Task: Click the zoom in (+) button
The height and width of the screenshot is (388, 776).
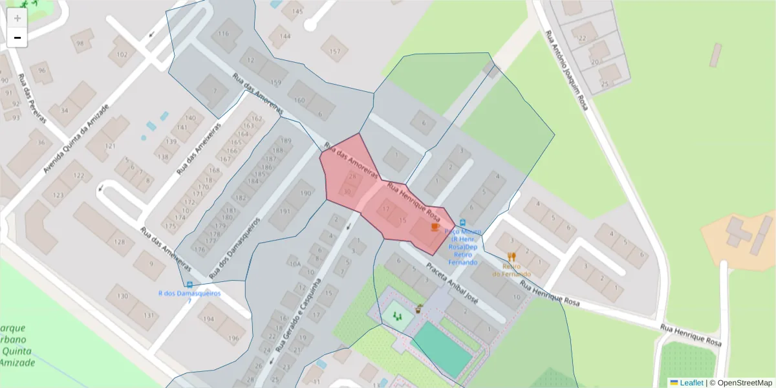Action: tap(17, 18)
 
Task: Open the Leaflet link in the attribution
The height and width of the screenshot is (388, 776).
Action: tap(691, 383)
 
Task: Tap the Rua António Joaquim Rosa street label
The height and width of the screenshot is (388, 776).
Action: tap(566, 70)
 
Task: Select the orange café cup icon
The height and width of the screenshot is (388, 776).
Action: tap(435, 227)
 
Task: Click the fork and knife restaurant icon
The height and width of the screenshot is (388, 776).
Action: tap(512, 257)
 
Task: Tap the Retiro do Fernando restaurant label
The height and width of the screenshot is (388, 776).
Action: tap(512, 270)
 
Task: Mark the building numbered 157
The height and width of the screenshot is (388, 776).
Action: tap(334, 50)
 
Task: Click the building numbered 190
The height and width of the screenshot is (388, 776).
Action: tap(305, 192)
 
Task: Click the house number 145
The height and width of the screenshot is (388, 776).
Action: tap(297, 12)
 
